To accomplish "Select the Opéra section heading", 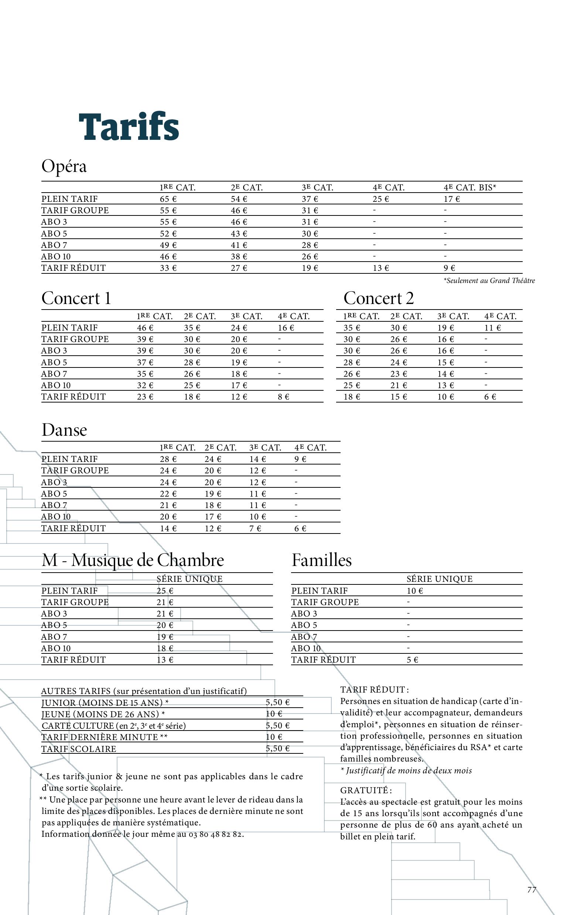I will (64, 166).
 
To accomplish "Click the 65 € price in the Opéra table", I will (168, 199).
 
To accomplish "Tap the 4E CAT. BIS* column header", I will (469, 187).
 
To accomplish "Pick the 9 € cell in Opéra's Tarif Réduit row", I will (449, 268).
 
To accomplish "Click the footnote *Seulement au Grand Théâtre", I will (489, 280).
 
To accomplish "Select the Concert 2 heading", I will (378, 298).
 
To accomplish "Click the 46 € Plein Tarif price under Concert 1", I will (145, 328).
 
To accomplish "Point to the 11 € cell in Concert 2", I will (492, 328).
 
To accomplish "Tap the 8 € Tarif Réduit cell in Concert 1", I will (284, 397).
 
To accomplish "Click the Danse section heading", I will (64, 429).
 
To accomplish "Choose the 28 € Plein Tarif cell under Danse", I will (168, 459).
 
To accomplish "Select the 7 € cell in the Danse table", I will (255, 528).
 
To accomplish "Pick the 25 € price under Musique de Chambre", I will (165, 591).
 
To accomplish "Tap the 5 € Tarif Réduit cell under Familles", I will (412, 660).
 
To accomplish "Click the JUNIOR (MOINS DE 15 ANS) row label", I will (105, 702).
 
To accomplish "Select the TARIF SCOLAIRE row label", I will (79, 749).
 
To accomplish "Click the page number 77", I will (532, 890).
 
